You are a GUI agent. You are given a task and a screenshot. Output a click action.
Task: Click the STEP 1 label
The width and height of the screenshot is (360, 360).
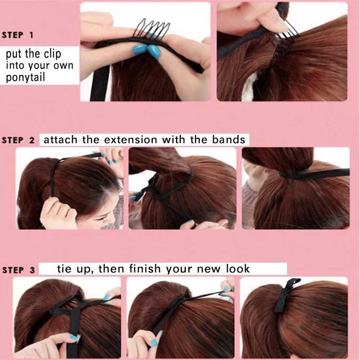coord(18,35)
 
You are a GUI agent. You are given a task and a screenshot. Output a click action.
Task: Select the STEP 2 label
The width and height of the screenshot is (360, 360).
coord(18,140)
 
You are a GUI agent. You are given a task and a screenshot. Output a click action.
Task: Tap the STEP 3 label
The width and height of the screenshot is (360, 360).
coord(18,270)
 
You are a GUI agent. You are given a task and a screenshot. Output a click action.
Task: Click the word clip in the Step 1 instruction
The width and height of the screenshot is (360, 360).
coord(51,54)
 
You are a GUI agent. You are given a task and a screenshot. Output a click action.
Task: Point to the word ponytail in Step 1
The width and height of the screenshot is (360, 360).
coord(25,77)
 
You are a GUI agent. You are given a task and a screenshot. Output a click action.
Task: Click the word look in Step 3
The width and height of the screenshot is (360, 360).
coord(238,269)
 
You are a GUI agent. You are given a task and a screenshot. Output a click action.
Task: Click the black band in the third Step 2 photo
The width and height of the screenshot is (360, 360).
coord(317,174)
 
